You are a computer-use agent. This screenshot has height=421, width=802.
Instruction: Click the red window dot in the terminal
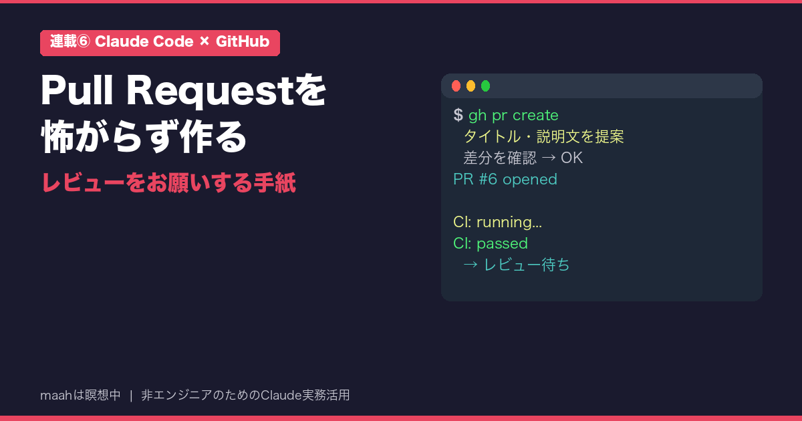[456, 86]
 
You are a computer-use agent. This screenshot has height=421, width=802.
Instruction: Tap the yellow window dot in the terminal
[471, 86]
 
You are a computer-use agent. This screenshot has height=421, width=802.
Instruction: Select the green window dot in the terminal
[485, 86]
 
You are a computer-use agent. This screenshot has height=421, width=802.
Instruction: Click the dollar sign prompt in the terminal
[458, 115]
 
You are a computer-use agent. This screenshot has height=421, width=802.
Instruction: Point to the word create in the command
[535, 115]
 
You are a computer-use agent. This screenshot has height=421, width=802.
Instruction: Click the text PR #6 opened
[505, 179]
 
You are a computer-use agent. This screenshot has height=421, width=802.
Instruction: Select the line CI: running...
[497, 223]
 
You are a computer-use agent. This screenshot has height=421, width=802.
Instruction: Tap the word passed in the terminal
[502, 244]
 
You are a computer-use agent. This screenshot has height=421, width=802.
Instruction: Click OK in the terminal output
[571, 158]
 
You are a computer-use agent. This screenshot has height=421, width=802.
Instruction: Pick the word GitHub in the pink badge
[243, 41]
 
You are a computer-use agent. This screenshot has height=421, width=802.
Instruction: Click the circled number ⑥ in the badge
[84, 41]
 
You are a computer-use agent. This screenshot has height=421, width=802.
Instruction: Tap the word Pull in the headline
[77, 90]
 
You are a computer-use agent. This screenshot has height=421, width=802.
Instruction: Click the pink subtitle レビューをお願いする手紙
[168, 182]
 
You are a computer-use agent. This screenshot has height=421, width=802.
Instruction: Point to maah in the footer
[56, 395]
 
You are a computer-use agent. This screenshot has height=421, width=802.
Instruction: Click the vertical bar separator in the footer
[131, 396]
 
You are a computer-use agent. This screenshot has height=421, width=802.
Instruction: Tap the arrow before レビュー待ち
[471, 265]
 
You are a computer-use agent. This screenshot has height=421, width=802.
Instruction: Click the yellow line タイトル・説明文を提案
[543, 136]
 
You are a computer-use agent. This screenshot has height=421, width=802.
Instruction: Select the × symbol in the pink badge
[205, 41]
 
